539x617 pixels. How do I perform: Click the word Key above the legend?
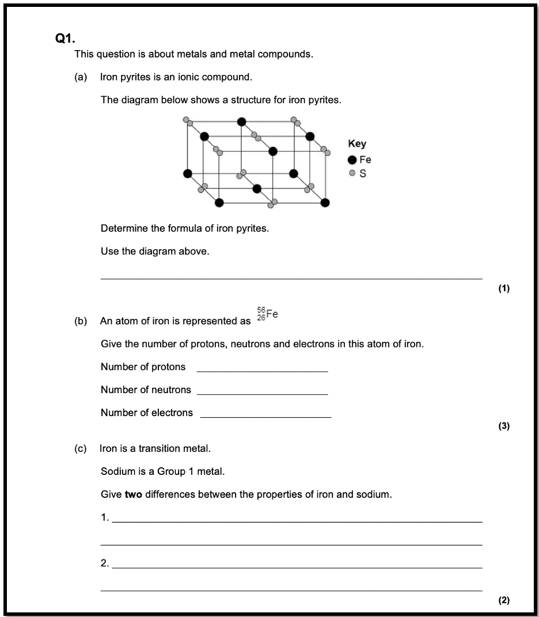point(356,144)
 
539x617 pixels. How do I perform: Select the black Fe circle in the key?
point(352,160)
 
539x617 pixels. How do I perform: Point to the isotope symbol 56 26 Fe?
point(267,315)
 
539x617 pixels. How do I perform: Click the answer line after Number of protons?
point(262,370)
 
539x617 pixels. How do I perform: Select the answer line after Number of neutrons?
point(262,393)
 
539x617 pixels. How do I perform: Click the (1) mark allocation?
point(504,288)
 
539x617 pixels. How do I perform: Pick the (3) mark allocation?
point(504,426)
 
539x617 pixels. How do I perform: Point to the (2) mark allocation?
point(504,600)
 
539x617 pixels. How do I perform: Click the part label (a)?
point(81,77)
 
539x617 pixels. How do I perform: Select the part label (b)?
point(81,321)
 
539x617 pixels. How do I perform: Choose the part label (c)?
point(81,448)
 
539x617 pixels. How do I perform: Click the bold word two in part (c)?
point(134,494)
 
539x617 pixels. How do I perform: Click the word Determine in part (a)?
point(122,228)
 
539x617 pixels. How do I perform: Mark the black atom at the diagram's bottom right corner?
point(325,202)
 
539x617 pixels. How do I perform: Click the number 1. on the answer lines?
point(105,517)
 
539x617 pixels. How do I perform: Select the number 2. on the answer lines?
point(105,563)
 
